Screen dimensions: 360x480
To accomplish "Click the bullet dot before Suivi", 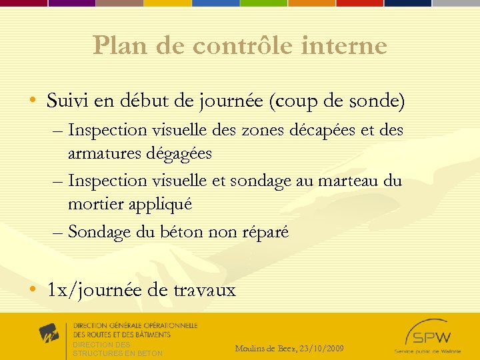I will point(33,102).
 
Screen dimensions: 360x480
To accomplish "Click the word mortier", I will point(91,204).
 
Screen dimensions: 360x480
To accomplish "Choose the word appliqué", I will point(161,205).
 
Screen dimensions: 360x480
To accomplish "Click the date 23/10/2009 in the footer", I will point(321,349).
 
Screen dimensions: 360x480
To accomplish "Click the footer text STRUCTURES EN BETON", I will point(117,353).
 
